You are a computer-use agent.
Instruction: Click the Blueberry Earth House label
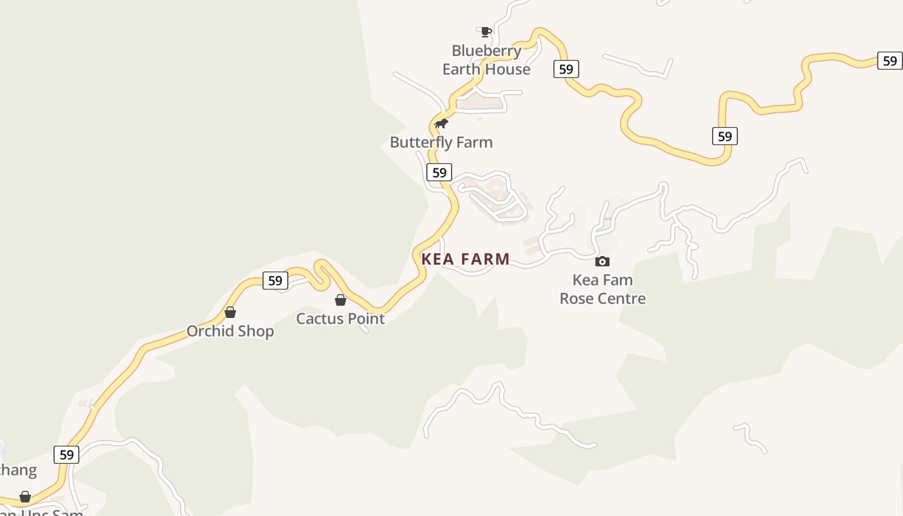(x=486, y=60)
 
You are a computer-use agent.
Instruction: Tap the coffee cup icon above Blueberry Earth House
(x=486, y=32)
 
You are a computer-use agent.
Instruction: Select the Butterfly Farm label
(x=441, y=143)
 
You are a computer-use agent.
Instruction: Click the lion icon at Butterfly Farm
(x=441, y=123)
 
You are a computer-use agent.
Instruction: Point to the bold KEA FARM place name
(x=466, y=259)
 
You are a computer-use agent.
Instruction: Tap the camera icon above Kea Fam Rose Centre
(x=602, y=261)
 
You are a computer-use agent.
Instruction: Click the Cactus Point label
(x=341, y=319)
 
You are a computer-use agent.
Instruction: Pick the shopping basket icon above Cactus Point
(x=341, y=300)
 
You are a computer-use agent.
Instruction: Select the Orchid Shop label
(x=230, y=332)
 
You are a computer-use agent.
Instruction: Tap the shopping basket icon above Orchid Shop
(x=230, y=312)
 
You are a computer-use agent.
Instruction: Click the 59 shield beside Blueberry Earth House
(x=566, y=69)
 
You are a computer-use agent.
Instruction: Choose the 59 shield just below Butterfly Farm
(x=439, y=172)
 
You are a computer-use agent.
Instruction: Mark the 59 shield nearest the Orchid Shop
(x=275, y=281)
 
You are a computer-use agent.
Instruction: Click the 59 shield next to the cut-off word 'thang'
(x=66, y=454)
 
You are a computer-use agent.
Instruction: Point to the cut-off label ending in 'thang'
(x=18, y=470)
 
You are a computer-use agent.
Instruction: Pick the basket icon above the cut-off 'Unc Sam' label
(x=25, y=497)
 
